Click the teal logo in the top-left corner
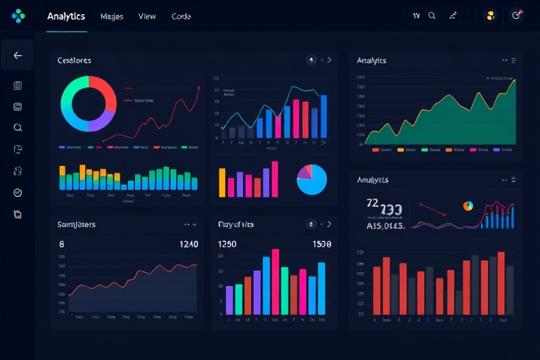coord(18,15)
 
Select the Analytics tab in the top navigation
coord(66,16)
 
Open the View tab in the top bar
coord(148,16)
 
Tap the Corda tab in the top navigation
coord(181,16)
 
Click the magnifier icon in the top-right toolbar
coord(432,15)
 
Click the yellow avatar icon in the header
coord(491,15)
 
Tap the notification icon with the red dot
coord(517,15)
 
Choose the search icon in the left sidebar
coord(18,128)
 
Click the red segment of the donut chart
coord(105,91)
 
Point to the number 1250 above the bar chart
coord(228,245)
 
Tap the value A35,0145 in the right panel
coord(385,226)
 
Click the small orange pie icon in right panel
coord(468,206)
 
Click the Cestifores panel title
coord(74,61)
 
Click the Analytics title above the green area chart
coord(371,60)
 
